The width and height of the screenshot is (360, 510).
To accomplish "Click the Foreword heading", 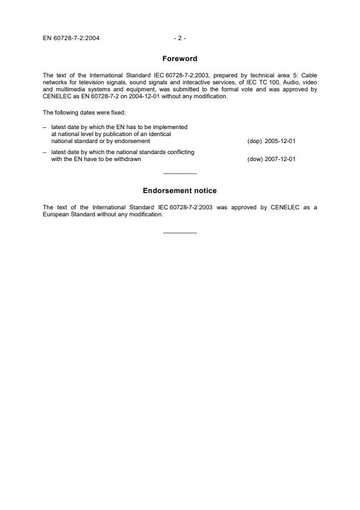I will tap(180, 59).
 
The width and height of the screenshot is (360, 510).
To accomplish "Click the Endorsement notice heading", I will tap(180, 191).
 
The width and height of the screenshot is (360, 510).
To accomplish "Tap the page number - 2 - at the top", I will tap(180, 38).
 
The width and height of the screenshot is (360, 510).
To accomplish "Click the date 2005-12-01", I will tap(280, 141).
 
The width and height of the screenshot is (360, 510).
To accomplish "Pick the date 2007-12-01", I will tap(280, 159).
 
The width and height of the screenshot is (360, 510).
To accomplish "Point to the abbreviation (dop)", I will tap(255, 141).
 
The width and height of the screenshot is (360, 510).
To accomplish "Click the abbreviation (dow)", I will tap(255, 159).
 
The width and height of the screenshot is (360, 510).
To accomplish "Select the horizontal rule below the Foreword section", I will tap(180, 173).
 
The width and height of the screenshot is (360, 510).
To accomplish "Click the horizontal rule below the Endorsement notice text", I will tap(180, 233).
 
